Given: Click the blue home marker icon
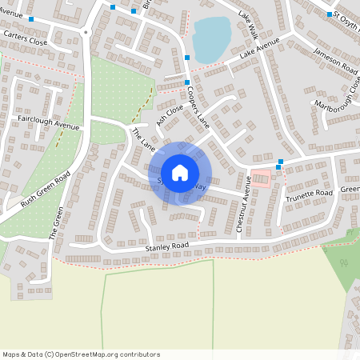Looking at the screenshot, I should [x=179, y=172].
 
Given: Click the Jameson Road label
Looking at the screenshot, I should [x=334, y=58].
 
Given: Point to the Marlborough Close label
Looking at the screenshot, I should [x=336, y=94].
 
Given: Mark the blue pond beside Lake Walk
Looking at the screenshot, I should [x=210, y=38].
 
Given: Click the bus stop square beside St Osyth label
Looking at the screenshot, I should [x=329, y=14].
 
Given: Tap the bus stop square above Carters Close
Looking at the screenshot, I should [x=31, y=19].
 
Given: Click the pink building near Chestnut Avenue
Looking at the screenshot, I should [x=262, y=178].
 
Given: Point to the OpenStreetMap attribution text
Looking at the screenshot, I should [x=80, y=354].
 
